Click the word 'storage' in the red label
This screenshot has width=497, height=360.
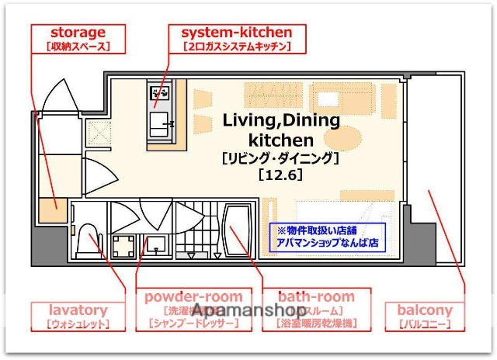point(78,33)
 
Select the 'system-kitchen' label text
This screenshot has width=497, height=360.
point(237,33)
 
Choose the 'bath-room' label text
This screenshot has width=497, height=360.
point(316,296)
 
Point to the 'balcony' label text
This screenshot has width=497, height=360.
point(425,310)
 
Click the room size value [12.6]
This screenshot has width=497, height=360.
point(280,175)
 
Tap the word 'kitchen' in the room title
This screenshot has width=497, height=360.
point(280,140)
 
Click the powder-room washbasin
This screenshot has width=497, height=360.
point(158,245)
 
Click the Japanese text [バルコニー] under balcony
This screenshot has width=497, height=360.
point(425,325)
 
